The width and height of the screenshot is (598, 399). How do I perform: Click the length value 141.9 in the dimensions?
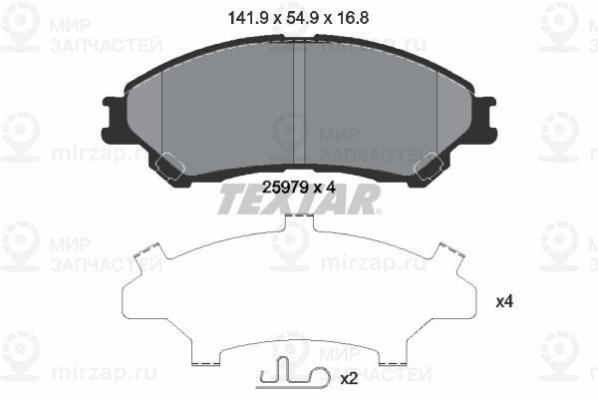point(247,18)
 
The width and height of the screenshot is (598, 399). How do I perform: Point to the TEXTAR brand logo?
point(300,199)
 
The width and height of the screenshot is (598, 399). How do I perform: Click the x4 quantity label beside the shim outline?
point(504,302)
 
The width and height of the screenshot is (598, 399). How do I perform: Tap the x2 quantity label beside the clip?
point(349,379)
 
